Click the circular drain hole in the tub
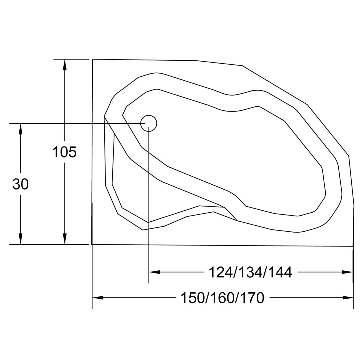point(149,123)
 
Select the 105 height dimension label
point(64,152)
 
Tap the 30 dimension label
point(21,184)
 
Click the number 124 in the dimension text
point(220,272)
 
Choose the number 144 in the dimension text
point(280,272)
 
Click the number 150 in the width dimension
point(192,298)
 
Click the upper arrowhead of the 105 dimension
point(64,64)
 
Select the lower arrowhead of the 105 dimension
point(64,239)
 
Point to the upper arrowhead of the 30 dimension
point(21,129)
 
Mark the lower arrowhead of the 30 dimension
point(21,239)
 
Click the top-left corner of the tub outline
point(92,59)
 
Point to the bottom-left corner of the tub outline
point(92,244)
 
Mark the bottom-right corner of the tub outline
point(353,246)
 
